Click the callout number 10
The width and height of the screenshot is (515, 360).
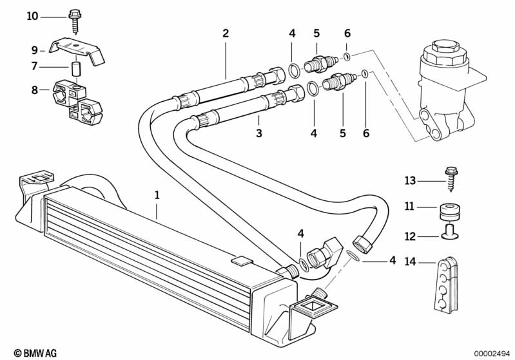tap(32, 15)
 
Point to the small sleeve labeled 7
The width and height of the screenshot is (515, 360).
tap(77, 67)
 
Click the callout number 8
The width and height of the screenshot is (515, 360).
tap(35, 90)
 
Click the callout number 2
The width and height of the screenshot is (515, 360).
tap(226, 33)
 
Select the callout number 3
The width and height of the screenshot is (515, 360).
tap(258, 133)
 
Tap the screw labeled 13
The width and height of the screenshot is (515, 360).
tap(449, 176)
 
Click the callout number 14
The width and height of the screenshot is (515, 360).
tap(410, 261)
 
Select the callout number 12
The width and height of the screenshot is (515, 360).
tap(410, 237)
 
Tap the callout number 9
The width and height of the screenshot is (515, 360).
tap(35, 49)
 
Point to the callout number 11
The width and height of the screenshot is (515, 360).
tap(410, 206)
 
